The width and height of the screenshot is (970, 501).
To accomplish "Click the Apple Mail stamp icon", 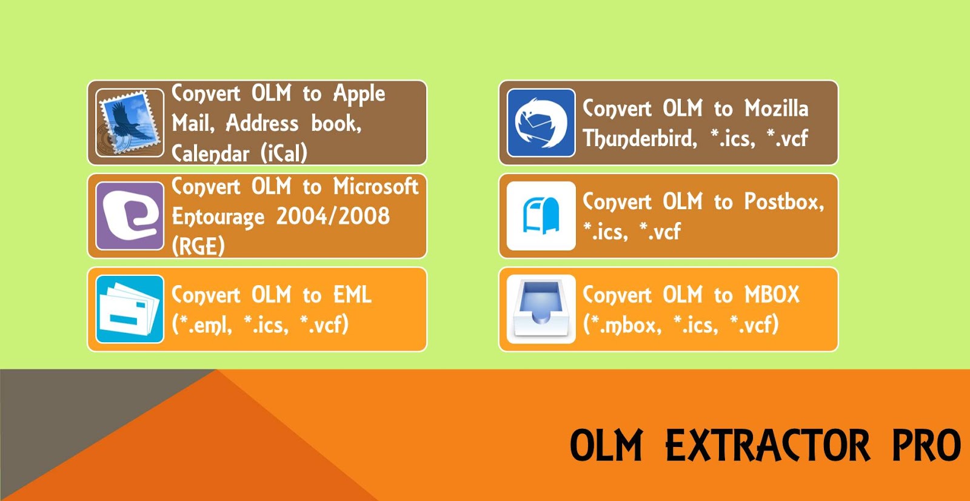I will tap(130, 123).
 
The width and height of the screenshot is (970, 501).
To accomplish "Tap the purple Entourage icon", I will tap(130, 216).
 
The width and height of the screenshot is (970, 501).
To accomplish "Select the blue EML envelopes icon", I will tap(130, 309).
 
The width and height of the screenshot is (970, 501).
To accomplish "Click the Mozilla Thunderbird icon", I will tap(541, 123).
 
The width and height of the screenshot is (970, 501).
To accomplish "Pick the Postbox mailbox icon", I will tap(541, 216).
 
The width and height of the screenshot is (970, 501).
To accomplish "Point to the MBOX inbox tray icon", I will tap(541, 309).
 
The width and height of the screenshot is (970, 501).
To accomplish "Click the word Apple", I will tap(359, 95).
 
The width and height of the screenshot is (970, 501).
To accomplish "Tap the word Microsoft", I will tap(376, 187).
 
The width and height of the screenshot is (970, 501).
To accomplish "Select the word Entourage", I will tap(218, 217).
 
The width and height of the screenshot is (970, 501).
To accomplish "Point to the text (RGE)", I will tap(198, 246).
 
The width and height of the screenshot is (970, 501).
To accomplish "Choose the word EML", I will tap(352, 295).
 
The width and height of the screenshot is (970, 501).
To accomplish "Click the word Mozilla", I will tap(776, 109).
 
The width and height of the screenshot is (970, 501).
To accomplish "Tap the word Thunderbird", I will tap(640, 139).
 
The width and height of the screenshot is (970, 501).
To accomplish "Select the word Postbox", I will tap(783, 201).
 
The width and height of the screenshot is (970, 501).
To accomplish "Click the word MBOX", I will tap(772, 295).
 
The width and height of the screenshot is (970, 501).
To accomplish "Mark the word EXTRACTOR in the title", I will tap(768, 446).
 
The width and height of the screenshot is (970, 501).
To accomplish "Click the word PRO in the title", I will tap(926, 446).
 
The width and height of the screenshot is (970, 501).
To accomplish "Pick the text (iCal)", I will tap(284, 153).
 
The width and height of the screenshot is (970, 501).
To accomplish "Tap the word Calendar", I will tap(210, 153).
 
